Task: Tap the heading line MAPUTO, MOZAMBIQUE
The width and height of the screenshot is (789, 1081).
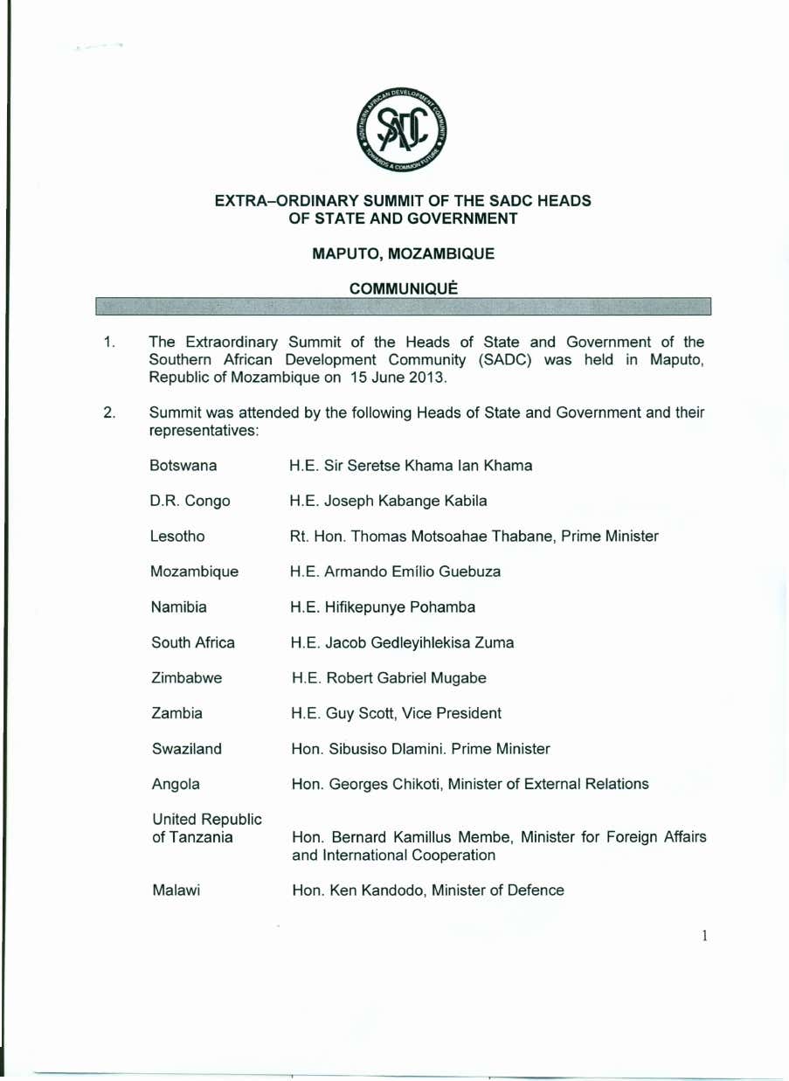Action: click(403, 253)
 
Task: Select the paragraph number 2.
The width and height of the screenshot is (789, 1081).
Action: click(110, 412)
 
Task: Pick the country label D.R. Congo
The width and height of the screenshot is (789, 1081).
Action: click(190, 501)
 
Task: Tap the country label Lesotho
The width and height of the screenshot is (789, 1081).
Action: click(177, 537)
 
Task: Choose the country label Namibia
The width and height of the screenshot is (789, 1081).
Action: click(178, 606)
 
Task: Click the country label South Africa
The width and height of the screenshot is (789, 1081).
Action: click(193, 642)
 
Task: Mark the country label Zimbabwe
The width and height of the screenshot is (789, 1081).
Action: click(187, 677)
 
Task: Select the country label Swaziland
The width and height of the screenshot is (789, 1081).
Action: click(186, 748)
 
